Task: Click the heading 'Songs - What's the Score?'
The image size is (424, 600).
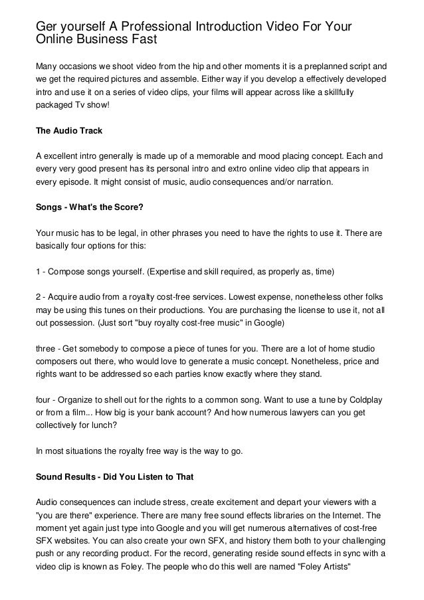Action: (x=89, y=207)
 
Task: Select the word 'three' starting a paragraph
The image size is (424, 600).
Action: (x=47, y=350)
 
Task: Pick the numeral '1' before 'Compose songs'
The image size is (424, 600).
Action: (x=38, y=272)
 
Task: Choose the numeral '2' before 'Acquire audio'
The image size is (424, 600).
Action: (x=38, y=298)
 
